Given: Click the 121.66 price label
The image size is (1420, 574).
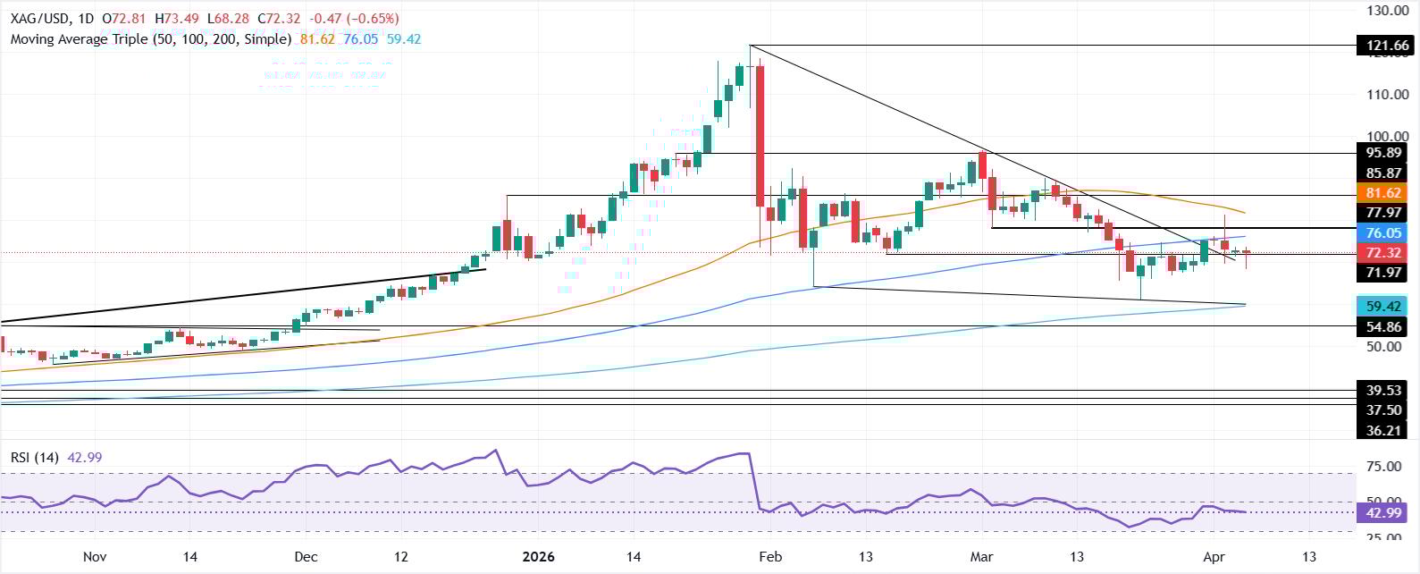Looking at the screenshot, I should (x=1382, y=46).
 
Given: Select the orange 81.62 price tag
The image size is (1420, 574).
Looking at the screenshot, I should (x=1382, y=193).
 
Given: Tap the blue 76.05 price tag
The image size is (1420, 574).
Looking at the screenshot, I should (x=1382, y=232).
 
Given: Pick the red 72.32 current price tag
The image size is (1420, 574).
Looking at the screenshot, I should (x=1382, y=253).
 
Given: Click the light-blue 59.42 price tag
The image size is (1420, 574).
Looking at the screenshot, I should (x=1382, y=306).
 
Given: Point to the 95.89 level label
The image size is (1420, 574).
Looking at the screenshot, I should (x=1382, y=153).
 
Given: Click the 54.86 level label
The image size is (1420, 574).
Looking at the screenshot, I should (x=1382, y=326).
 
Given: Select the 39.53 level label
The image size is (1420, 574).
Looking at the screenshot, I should (x=1382, y=390).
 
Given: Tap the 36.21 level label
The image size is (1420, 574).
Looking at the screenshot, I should (x=1382, y=430).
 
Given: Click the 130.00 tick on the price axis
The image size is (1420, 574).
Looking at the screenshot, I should (x=1387, y=11).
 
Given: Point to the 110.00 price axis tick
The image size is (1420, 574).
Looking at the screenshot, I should (x=1387, y=94).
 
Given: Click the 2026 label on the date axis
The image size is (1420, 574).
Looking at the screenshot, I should (x=539, y=557).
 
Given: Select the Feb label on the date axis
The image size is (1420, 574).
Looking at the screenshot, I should (x=770, y=557).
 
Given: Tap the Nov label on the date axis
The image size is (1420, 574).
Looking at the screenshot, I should (x=95, y=557).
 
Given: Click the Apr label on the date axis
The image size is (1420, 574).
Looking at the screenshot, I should (x=1214, y=557).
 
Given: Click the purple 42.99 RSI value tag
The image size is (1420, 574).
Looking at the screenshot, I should (x=1382, y=512).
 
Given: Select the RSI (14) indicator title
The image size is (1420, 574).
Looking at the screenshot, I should (x=35, y=458).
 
